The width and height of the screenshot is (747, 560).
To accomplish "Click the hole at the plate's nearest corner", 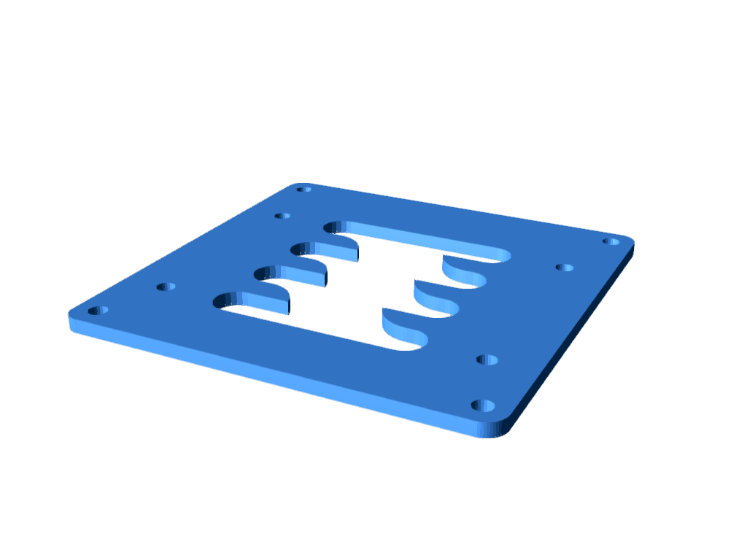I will [483, 405].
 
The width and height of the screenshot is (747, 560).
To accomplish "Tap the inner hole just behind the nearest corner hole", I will [487, 359].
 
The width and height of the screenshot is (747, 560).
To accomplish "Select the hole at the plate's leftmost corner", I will [98, 311].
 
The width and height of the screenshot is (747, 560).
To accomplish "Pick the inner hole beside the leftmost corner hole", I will [166, 287].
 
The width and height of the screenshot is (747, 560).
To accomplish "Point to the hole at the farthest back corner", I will [303, 190].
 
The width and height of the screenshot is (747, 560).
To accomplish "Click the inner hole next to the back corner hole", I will [282, 216].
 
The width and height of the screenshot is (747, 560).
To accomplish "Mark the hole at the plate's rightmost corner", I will [611, 241].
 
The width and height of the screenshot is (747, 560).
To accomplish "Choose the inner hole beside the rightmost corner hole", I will [564, 268].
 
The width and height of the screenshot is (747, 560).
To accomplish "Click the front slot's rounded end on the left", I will [222, 300].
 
